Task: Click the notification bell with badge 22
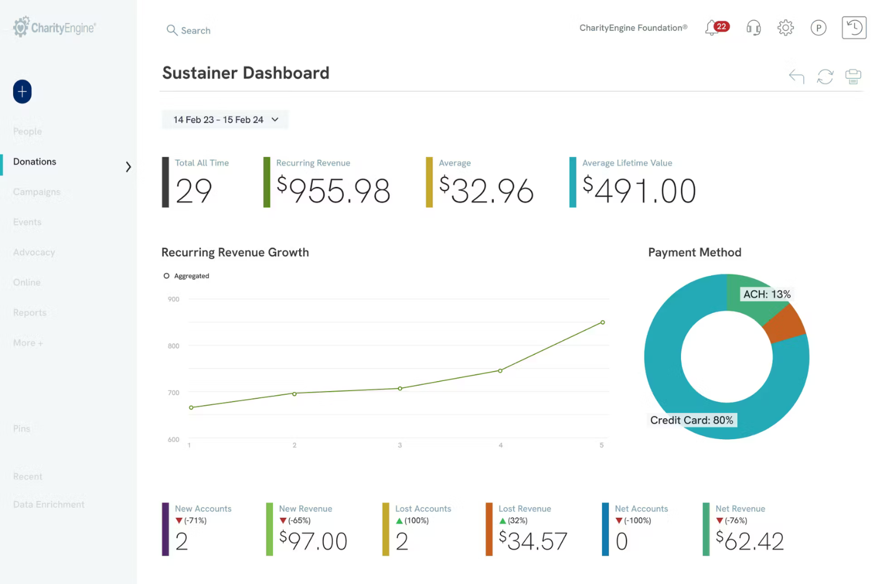click(713, 28)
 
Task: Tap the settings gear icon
click(785, 28)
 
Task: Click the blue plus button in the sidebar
click(22, 92)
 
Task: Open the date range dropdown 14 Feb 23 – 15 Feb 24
click(225, 120)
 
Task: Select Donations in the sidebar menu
click(35, 162)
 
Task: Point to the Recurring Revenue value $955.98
click(333, 191)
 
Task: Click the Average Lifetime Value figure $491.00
click(639, 191)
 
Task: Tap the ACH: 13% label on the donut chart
click(766, 294)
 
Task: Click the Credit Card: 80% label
click(691, 420)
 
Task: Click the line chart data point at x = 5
click(602, 322)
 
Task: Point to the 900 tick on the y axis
click(173, 299)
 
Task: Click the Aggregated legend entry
click(186, 276)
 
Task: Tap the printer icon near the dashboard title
click(853, 76)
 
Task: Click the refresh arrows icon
click(825, 76)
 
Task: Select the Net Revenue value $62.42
click(750, 541)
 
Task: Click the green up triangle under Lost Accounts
click(399, 521)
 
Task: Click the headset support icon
click(753, 28)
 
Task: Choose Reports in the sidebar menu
click(30, 312)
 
